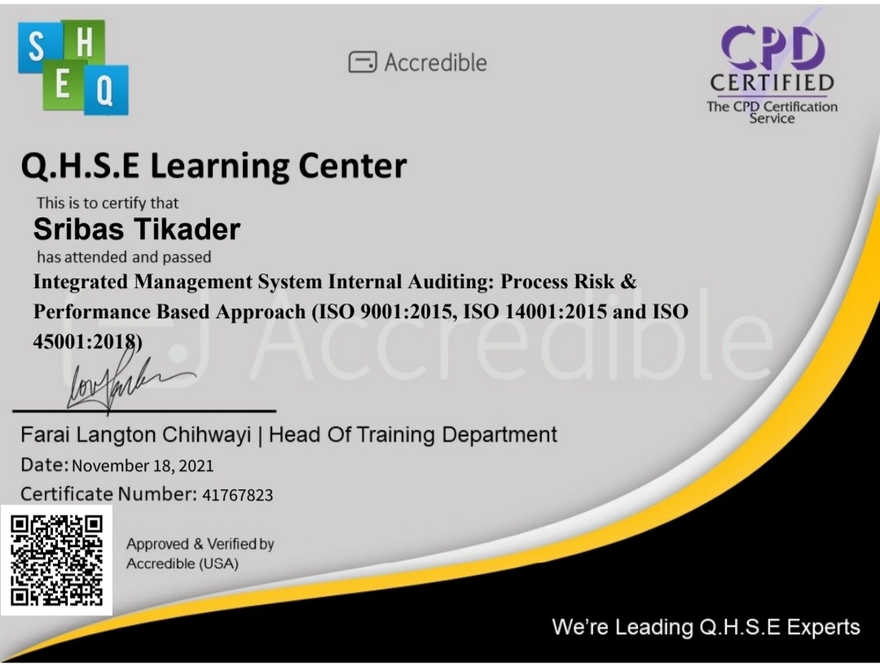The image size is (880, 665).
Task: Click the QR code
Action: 56,561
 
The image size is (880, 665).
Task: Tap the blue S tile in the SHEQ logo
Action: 37,47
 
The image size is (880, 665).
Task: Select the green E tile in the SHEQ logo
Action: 62,86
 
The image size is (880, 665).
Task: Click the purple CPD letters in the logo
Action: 772,48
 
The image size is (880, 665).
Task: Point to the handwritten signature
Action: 122,378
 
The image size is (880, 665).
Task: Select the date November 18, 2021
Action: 143,466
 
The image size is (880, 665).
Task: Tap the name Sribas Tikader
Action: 137,230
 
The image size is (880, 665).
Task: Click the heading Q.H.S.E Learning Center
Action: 213,167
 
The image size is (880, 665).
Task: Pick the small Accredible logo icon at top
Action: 363,62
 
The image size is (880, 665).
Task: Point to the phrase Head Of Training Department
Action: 413,435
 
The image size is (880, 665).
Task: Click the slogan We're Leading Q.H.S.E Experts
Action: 706,627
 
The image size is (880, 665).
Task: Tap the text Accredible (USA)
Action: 183,563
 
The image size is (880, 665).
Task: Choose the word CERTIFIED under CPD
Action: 772,83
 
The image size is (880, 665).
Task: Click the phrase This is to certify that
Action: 107,203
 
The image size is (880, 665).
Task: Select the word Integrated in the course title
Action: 81,282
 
